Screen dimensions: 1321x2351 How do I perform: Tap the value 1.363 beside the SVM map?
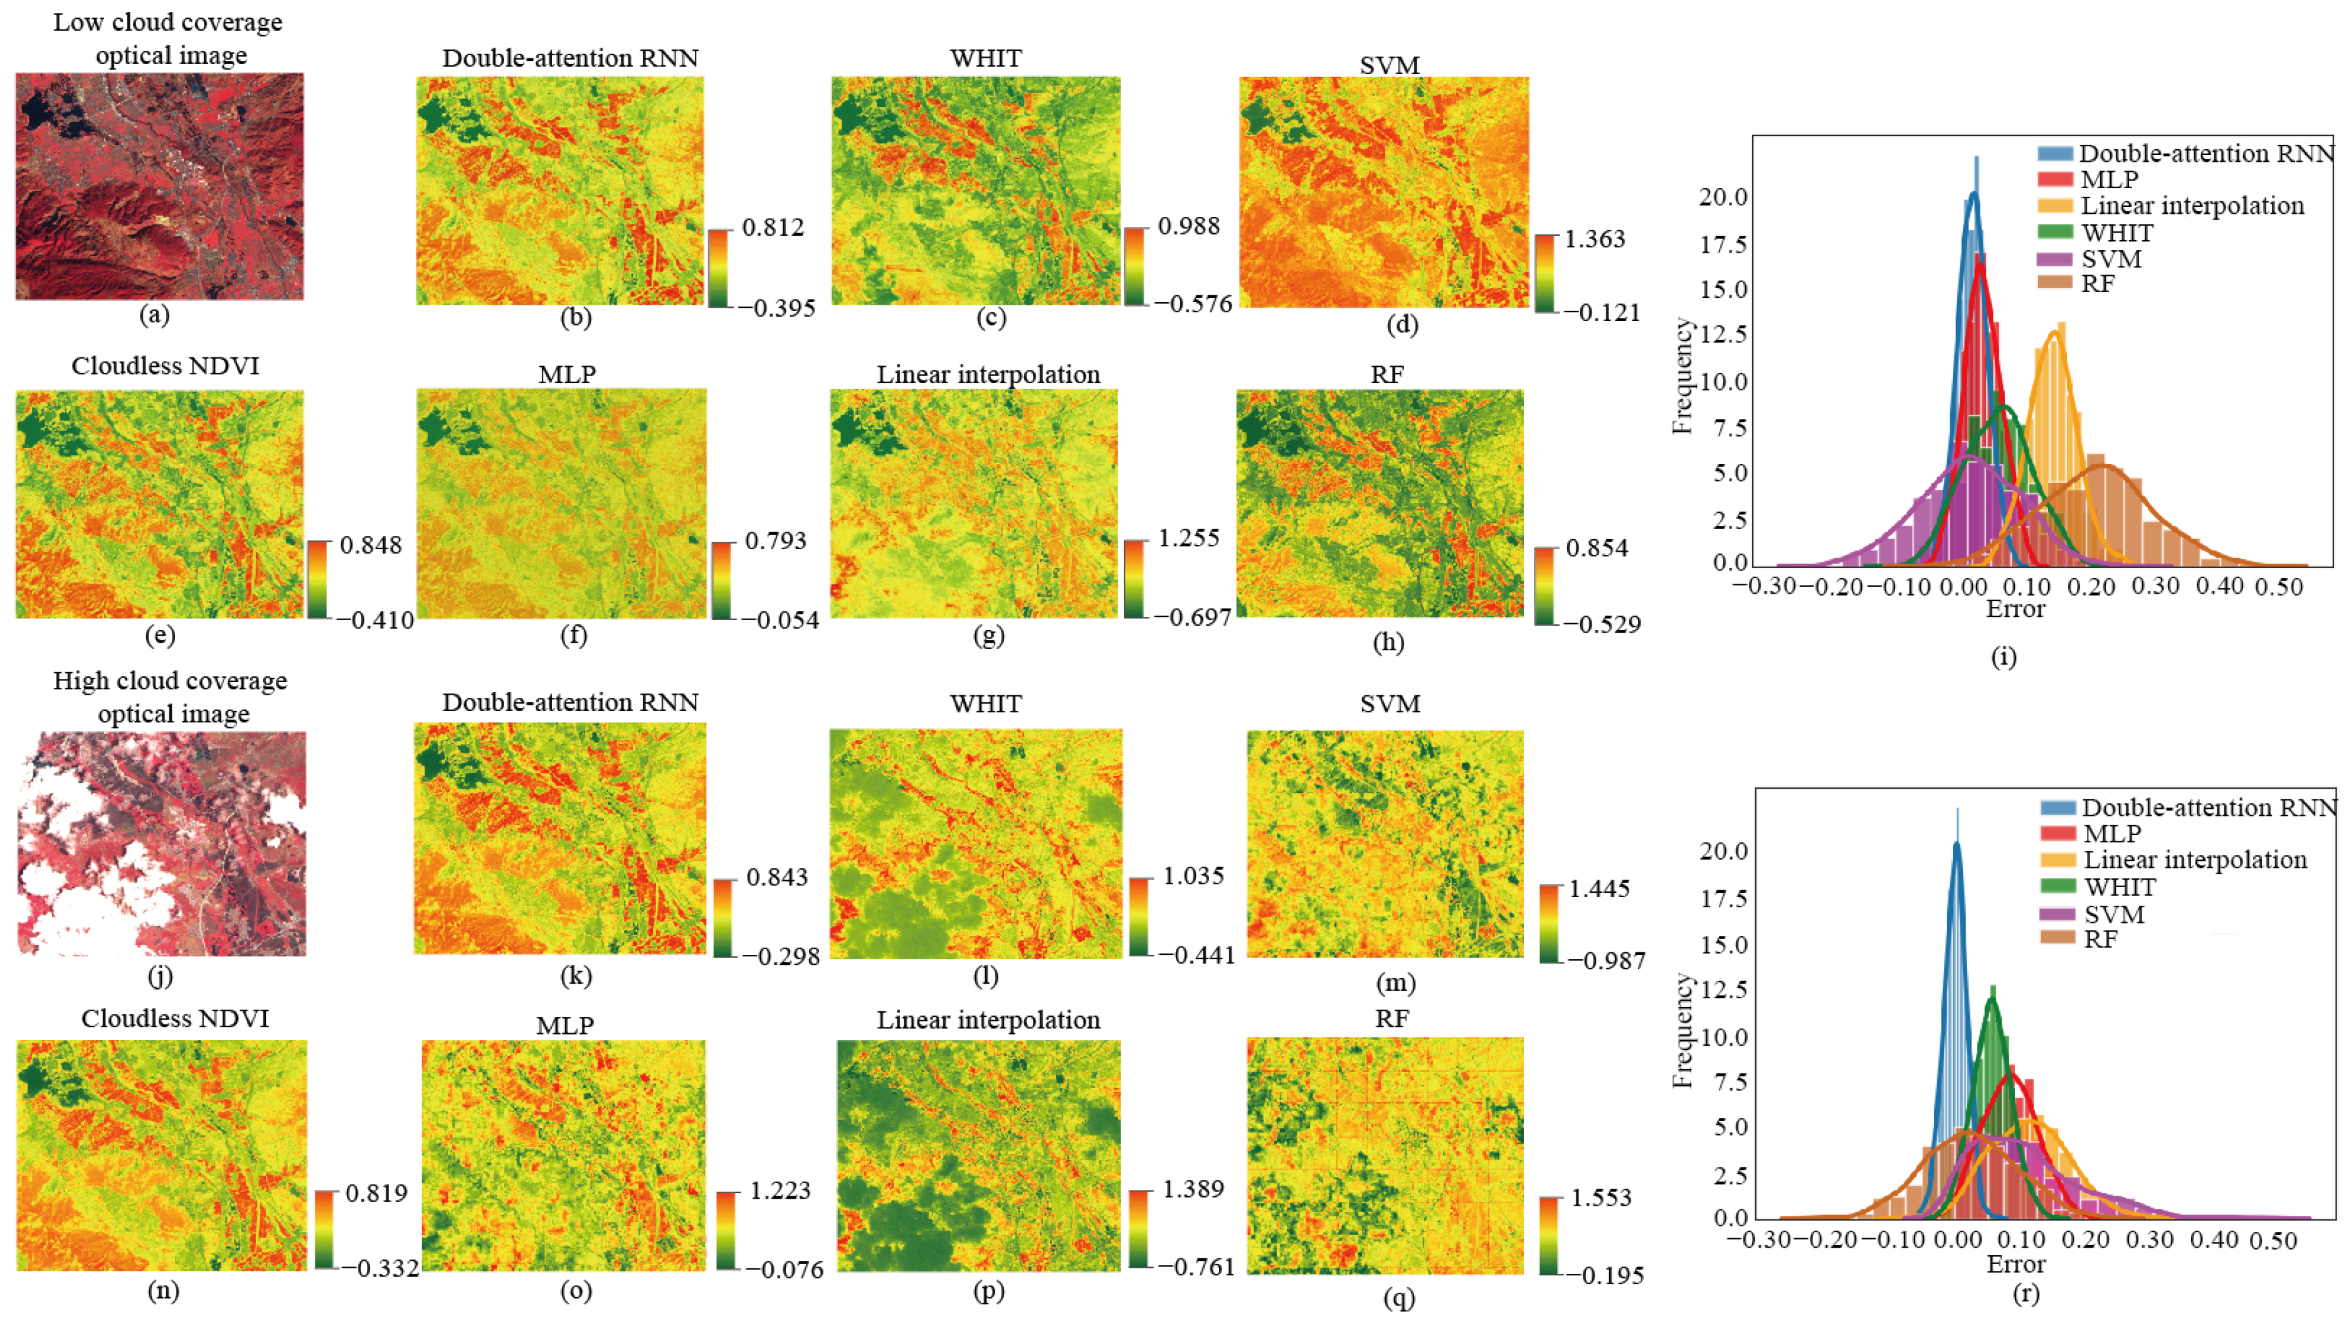click(x=1595, y=239)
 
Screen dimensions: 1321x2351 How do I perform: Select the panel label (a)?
click(x=154, y=315)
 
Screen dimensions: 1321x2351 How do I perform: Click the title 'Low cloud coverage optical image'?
click(x=168, y=38)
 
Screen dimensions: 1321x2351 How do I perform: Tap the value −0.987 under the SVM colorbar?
click(x=1606, y=960)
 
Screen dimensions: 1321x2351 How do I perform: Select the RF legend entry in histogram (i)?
click(x=2096, y=284)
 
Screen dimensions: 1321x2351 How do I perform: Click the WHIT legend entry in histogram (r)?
click(x=2119, y=887)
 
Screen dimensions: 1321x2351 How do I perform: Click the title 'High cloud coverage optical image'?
click(x=170, y=697)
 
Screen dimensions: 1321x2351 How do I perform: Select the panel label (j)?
click(x=160, y=976)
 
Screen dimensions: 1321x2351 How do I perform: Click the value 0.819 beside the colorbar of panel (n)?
click(x=376, y=1193)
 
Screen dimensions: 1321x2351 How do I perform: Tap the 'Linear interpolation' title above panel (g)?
click(x=988, y=375)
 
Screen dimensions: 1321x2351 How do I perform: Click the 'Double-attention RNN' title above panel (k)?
click(x=571, y=702)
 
